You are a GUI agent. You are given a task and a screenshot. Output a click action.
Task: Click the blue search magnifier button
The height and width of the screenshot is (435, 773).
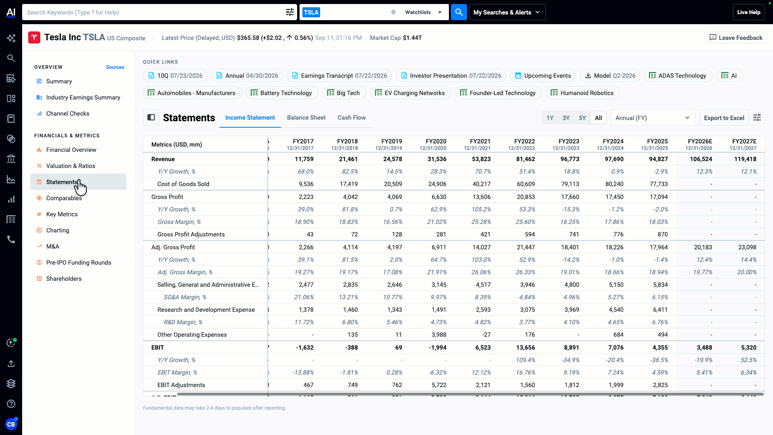459,12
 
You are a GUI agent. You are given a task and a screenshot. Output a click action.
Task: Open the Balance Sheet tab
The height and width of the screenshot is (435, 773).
306,118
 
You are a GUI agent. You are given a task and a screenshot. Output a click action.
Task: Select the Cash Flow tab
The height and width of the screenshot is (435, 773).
351,118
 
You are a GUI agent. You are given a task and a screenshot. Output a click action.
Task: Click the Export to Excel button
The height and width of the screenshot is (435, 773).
724,118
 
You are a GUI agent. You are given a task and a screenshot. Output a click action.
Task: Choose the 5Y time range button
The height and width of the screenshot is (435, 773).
582,118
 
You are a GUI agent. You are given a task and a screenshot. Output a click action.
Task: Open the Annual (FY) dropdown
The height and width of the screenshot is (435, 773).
653,118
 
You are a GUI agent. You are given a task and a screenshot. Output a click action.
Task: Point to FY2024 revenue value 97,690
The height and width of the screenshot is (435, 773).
614,159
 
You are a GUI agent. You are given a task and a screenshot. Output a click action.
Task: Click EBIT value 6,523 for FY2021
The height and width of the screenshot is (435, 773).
483,348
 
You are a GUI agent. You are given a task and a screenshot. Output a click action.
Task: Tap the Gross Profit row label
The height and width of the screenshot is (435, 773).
167,197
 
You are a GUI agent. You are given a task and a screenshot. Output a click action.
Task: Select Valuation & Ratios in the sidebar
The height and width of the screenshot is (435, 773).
70,166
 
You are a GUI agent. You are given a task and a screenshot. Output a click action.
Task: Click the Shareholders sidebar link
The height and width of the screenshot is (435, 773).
64,279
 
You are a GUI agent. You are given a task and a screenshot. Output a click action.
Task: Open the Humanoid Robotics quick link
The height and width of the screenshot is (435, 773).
583,93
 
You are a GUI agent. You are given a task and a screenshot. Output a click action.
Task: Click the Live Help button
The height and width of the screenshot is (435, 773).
748,12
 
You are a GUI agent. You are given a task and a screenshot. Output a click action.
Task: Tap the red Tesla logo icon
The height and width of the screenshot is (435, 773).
34,37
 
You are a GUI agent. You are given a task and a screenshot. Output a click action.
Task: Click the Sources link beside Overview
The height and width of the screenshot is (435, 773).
115,67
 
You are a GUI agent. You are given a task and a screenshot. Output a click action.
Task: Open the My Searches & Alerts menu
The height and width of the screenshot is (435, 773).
507,12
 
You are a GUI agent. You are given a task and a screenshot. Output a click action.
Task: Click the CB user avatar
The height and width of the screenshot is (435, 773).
11,424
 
